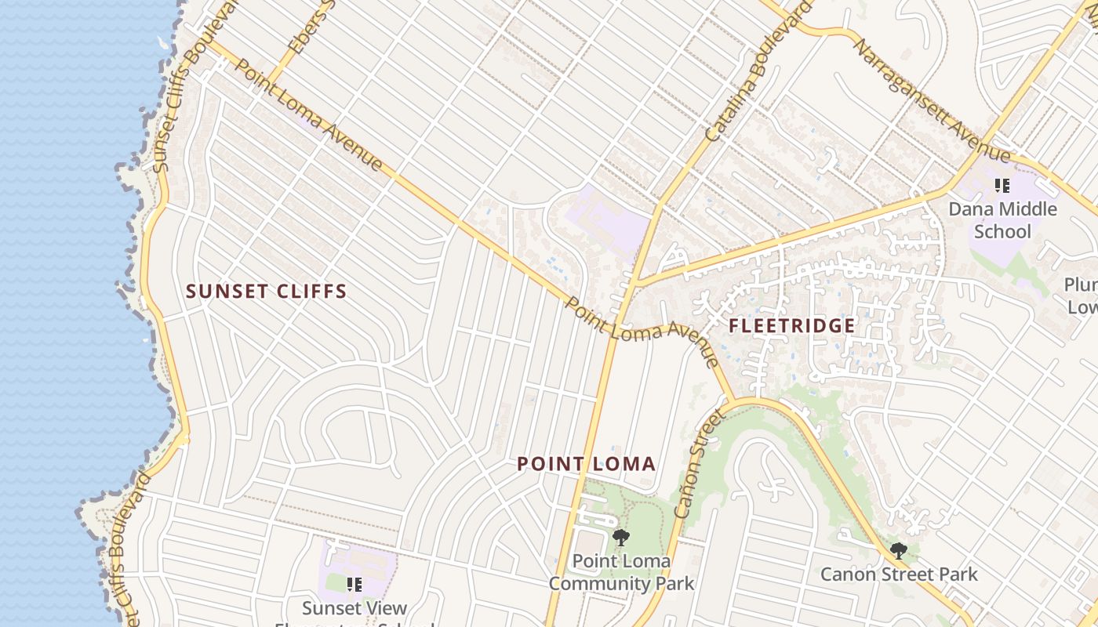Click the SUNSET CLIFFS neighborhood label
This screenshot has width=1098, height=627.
[x=266, y=292]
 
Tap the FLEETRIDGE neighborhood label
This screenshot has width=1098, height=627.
[x=792, y=325]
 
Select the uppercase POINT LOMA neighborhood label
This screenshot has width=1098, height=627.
[x=586, y=464]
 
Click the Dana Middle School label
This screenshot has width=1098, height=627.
[x=1002, y=220]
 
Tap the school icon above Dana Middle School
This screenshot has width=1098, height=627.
[x=1002, y=186]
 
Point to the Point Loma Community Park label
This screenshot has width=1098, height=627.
[x=621, y=572]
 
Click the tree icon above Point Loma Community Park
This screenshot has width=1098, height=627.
[x=621, y=538]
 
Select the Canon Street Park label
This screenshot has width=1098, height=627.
[x=899, y=574]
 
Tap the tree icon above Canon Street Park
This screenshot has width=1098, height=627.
[x=899, y=551]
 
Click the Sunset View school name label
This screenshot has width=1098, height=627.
[x=354, y=608]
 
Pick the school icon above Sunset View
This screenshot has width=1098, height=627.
[x=354, y=584]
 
